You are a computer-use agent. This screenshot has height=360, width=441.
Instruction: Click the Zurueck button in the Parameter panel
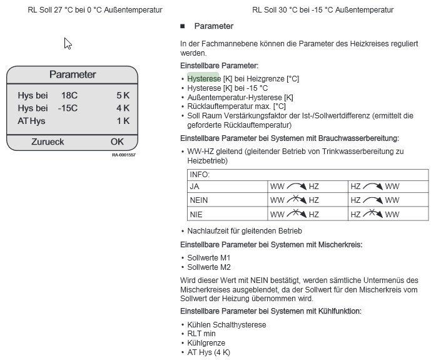(x=48, y=141)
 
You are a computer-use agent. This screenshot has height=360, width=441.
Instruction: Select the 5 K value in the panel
(x=123, y=95)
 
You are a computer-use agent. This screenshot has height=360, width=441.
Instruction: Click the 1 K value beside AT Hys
(x=123, y=121)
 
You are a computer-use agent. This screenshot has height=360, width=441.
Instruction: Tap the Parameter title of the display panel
(x=73, y=75)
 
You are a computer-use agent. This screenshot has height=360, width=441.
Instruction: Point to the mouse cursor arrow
(x=67, y=43)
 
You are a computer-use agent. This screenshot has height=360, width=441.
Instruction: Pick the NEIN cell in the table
(x=199, y=200)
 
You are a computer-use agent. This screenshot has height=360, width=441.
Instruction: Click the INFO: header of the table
(x=200, y=175)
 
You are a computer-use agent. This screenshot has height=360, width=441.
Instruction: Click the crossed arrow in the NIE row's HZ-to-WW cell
(x=374, y=214)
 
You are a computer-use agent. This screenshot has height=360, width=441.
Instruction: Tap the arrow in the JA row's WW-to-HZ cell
(x=297, y=187)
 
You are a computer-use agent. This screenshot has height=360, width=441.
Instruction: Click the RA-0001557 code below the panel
(x=123, y=155)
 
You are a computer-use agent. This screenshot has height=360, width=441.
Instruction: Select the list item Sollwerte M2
(x=209, y=267)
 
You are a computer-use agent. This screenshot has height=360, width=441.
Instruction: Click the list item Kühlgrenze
(x=206, y=343)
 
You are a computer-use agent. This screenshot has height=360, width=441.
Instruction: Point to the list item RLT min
(x=201, y=334)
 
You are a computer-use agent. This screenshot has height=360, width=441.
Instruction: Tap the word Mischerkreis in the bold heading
(x=341, y=244)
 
